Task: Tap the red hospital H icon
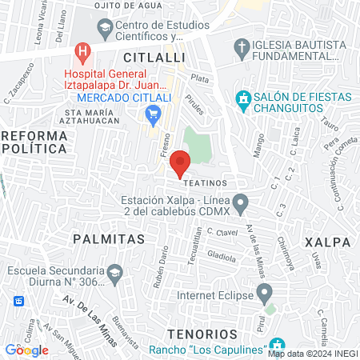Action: (82, 54)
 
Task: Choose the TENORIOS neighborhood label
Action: (202, 333)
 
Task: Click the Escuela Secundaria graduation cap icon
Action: (115, 274)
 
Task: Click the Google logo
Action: (26, 350)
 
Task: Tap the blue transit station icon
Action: (18, 302)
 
